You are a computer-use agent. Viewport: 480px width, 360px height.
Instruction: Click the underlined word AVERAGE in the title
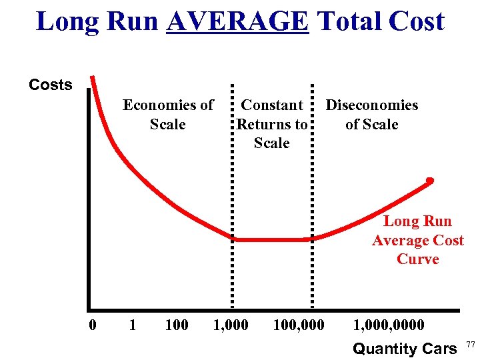coord(238,21)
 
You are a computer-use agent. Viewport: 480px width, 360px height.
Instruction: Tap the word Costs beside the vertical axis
coord(51,85)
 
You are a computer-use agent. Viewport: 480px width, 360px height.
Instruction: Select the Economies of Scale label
coord(168,115)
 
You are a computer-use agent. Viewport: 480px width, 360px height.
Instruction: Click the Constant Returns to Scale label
coord(272,124)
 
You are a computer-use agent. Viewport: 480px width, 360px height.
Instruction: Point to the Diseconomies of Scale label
coord(372,115)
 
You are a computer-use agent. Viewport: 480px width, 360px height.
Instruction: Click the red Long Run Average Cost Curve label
coord(418,240)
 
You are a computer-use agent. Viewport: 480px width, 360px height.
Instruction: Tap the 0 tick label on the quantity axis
coord(93,325)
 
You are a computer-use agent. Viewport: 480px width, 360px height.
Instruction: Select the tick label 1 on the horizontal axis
coord(132,325)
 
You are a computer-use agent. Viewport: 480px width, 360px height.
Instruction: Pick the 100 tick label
coord(176,325)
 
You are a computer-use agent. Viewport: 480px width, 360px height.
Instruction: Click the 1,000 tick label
coord(230,325)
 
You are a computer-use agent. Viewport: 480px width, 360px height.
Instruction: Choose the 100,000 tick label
coord(299,325)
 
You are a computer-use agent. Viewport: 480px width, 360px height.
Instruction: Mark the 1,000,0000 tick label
coord(389,325)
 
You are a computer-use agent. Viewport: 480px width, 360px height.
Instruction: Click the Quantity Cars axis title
coord(405,348)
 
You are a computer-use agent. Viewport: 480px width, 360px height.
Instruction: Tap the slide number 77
coord(471,344)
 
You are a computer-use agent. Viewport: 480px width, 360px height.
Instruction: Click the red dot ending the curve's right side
coord(431,179)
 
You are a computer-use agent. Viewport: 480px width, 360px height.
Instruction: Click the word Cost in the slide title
coord(415,21)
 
